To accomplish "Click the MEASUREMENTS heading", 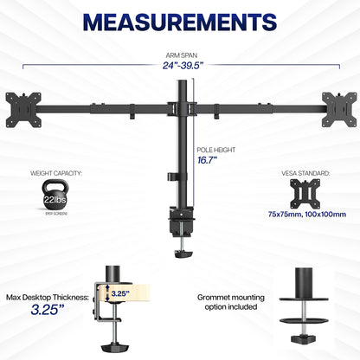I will coord(180,21).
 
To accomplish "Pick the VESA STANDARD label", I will coord(309,171).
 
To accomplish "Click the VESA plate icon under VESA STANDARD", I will coord(309,192).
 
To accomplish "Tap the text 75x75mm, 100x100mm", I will coord(309,213).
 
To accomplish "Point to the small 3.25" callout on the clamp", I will coord(119,293).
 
